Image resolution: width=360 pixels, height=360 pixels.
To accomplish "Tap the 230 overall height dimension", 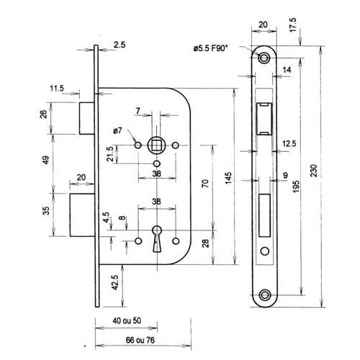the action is (314, 171).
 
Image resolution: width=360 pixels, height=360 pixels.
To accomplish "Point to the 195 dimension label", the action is (296, 187).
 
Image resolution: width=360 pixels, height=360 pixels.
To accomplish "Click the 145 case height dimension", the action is (228, 178).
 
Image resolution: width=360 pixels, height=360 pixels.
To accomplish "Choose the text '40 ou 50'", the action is (127, 320).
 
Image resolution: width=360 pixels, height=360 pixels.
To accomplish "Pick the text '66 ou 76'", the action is (140, 340).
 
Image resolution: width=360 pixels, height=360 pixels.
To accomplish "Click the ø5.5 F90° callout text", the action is (210, 48).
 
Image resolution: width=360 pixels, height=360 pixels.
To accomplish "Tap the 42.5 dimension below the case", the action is (115, 282).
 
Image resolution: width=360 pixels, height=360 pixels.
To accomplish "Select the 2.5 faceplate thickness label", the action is (120, 45).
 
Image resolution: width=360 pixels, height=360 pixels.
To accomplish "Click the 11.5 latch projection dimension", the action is (57, 89).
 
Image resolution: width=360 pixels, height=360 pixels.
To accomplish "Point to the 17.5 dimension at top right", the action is (293, 25).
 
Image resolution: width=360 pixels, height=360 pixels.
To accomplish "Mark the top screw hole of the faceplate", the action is (264, 58).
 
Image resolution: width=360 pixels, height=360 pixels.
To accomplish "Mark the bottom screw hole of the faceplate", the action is (264, 294).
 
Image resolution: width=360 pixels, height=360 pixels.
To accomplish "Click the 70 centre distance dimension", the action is (205, 184).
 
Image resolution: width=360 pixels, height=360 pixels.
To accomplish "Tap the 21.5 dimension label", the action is (109, 154).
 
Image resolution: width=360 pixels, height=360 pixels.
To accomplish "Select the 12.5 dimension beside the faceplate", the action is (289, 143).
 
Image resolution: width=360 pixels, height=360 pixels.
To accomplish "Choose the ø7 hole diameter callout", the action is (117, 131).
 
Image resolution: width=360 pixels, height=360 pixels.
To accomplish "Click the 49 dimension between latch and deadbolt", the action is (45, 160).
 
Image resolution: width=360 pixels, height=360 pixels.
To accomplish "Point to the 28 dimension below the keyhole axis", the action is (206, 243).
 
